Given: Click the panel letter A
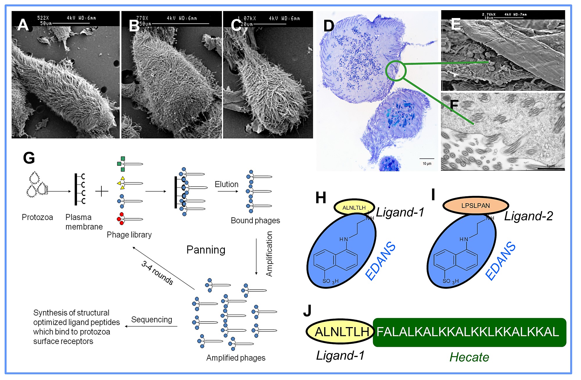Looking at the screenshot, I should [23, 25].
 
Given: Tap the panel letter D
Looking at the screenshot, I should [329, 26].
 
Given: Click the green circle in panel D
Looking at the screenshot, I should [395, 71].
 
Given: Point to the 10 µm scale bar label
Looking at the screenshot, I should [427, 164].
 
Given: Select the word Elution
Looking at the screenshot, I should [226, 184].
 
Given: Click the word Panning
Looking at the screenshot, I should [206, 250].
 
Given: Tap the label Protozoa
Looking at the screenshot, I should [37, 217].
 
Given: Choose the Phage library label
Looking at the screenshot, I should [129, 235].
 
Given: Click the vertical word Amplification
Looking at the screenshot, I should [269, 254].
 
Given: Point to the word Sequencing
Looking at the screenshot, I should [151, 320].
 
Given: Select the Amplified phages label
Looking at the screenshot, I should [236, 358].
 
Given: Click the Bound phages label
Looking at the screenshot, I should [255, 220].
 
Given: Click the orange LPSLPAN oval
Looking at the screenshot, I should [475, 206].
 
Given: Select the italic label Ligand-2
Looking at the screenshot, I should [528, 216].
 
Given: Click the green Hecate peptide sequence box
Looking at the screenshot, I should [469, 332].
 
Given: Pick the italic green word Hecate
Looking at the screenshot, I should [469, 357].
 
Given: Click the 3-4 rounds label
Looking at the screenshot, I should [157, 272].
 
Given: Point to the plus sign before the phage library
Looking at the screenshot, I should [102, 191].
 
